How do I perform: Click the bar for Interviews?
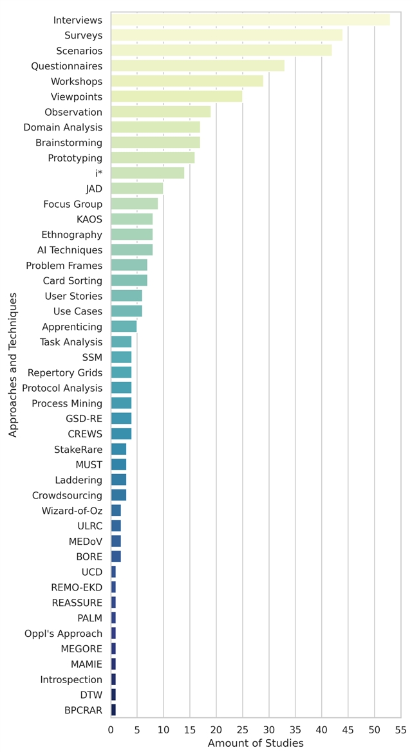pyautogui.click(x=250, y=20)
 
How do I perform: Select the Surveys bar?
pyautogui.click(x=227, y=35)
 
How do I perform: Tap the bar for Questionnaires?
pyautogui.click(x=198, y=66)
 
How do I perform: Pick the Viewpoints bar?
pyautogui.click(x=176, y=96)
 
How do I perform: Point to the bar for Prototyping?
pyautogui.click(x=153, y=158)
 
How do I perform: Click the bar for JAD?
pyautogui.click(x=137, y=188)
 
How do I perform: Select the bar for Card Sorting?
pyautogui.click(x=129, y=280)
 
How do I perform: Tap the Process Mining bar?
pyautogui.click(x=121, y=403)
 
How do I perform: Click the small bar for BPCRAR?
pyautogui.click(x=113, y=710)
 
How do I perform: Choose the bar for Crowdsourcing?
pyautogui.click(x=118, y=495)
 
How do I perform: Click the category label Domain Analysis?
pyautogui.click(x=62, y=127)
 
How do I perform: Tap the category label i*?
pyautogui.click(x=98, y=173)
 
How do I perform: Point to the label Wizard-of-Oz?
pyautogui.click(x=71, y=511)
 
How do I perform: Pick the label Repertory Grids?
pyautogui.click(x=64, y=372)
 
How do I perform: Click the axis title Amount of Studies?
pyautogui.click(x=256, y=743)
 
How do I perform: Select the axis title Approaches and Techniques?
pyautogui.click(x=13, y=365)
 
